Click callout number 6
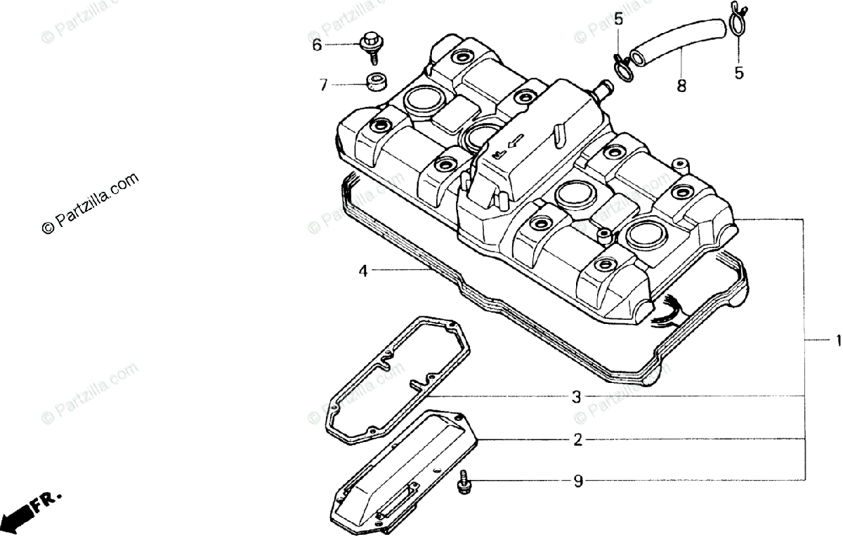pyautogui.click(x=317, y=45)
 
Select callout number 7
pyautogui.click(x=323, y=85)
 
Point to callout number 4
pyautogui.click(x=363, y=271)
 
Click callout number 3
pyautogui.click(x=576, y=397)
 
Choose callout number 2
pyautogui.click(x=577, y=441)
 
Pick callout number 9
pyautogui.click(x=577, y=481)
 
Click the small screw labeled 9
pyautogui.click(x=464, y=482)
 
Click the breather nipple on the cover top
pyautogui.click(x=603, y=89)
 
